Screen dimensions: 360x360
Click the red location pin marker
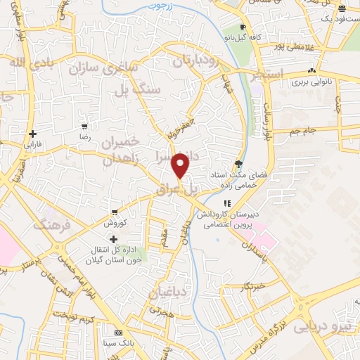181,165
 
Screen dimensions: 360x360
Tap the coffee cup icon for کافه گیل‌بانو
243,27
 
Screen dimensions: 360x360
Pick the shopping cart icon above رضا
84,127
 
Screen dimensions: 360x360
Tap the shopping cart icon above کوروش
115,212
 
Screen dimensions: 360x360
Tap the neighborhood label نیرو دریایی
320,325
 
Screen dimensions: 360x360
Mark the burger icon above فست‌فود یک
342,8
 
